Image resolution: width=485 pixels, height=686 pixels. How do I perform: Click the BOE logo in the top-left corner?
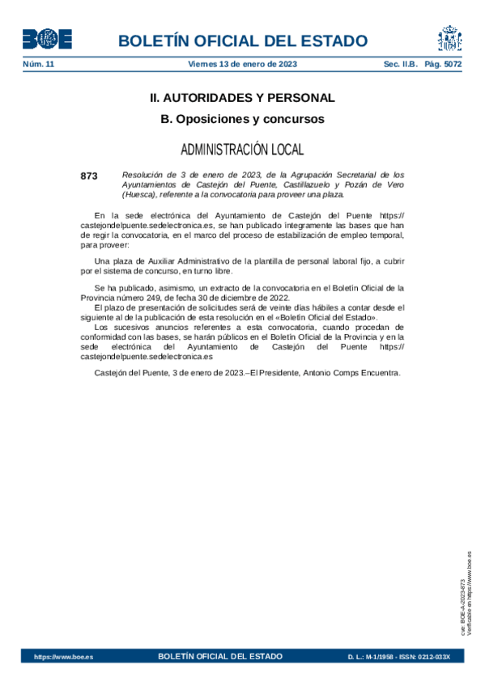[47, 39]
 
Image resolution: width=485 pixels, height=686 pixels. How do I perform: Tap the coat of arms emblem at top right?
[449, 38]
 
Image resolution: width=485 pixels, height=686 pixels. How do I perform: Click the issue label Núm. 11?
[38, 65]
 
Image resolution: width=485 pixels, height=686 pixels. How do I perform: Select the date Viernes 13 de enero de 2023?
[243, 65]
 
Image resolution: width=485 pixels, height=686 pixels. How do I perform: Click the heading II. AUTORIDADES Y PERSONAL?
[242, 98]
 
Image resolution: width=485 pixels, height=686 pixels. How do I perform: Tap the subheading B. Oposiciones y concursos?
[242, 119]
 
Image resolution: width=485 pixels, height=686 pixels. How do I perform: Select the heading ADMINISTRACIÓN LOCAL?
[242, 150]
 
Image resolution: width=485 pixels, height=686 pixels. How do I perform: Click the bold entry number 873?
[89, 175]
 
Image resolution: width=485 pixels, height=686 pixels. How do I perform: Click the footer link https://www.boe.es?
[63, 657]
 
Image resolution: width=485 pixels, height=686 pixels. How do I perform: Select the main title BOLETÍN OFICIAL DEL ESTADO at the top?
[242, 41]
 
